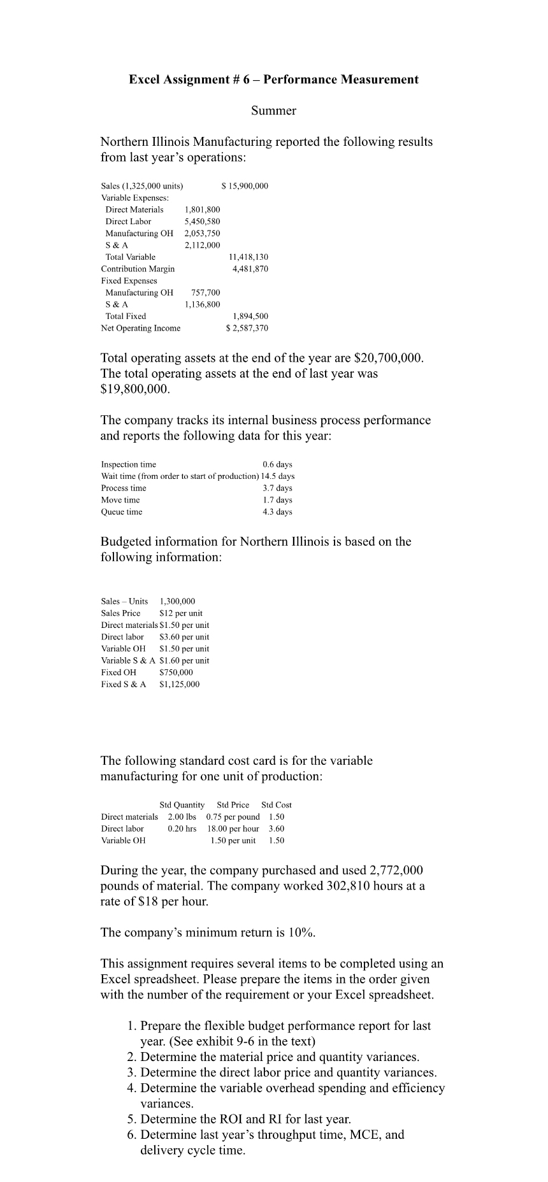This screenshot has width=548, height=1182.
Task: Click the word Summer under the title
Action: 273,111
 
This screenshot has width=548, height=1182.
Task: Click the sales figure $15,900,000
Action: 245,186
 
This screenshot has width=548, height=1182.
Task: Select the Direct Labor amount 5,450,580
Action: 202,222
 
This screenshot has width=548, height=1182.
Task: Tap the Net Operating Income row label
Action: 140,329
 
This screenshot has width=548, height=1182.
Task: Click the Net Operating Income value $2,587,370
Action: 247,329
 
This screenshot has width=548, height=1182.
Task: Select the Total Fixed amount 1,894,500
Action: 250,317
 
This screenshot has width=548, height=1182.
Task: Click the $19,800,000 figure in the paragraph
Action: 134,389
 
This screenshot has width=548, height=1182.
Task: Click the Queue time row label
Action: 122,512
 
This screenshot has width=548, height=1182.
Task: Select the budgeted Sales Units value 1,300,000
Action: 177,601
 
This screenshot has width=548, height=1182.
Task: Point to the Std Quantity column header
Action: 182,805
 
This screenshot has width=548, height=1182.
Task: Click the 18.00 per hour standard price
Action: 233,829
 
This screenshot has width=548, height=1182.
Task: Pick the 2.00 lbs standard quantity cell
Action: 182,817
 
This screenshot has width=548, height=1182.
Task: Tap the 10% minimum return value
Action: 300,933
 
